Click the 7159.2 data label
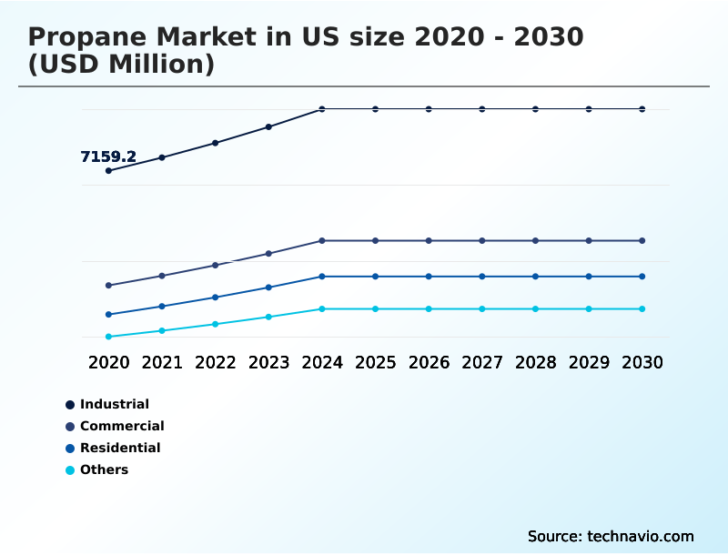tap(108, 156)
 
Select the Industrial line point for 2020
tap(108, 171)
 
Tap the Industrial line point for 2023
tap(268, 126)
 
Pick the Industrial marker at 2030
tap(642, 109)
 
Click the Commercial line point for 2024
tap(322, 241)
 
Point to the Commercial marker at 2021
tap(162, 276)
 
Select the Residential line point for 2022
tap(216, 298)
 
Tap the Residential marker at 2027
tap(482, 277)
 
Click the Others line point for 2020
tap(108, 337)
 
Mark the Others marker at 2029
tap(589, 309)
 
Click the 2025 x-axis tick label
tap(375, 362)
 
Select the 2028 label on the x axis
tap(535, 362)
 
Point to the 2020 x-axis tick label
tap(108, 362)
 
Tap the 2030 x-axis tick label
tap(642, 362)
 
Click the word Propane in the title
tap(80, 37)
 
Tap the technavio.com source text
tap(641, 536)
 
